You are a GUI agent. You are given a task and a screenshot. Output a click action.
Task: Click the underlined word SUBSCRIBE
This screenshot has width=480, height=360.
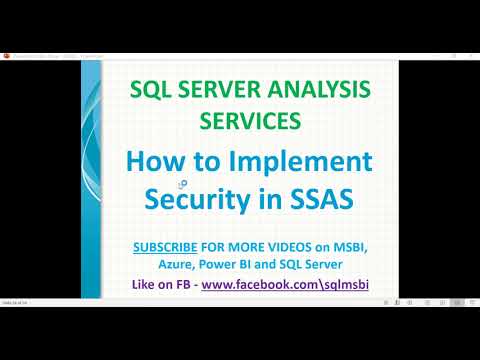pyautogui.click(x=171, y=246)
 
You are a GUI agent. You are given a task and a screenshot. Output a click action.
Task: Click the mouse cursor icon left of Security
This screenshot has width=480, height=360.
pyautogui.click(x=181, y=184)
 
